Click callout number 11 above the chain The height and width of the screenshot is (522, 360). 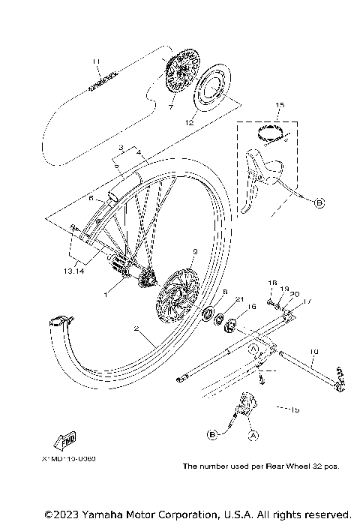click(x=95, y=61)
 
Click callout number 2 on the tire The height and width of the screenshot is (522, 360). click(x=136, y=328)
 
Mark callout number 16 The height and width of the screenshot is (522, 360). click(x=252, y=307)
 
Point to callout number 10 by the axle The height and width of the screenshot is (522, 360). click(x=313, y=351)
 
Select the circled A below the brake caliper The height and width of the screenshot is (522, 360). click(x=253, y=434)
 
